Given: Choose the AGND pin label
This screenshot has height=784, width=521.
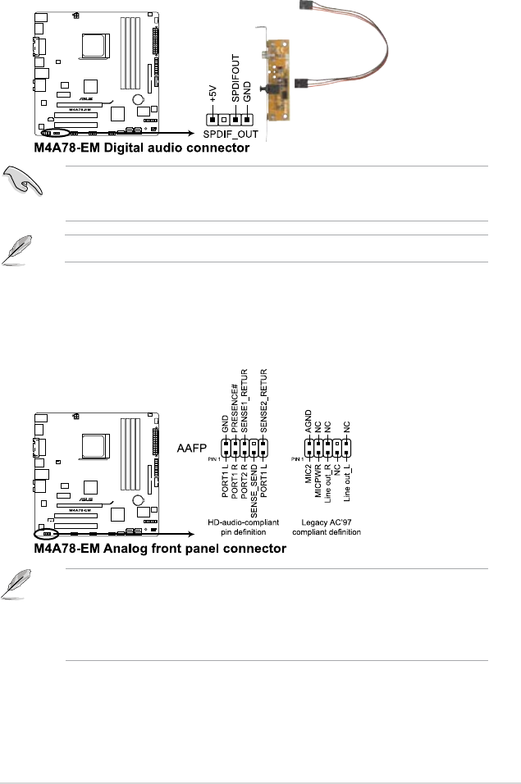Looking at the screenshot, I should pyautogui.click(x=308, y=423).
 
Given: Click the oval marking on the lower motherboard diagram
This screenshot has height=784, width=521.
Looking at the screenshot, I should pyautogui.click(x=43, y=531).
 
